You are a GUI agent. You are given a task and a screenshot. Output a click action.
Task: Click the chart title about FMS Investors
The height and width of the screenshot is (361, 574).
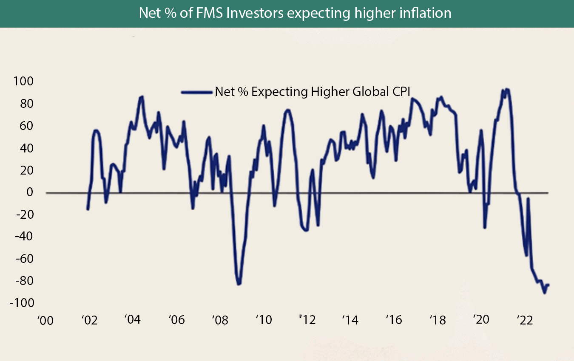click(295, 14)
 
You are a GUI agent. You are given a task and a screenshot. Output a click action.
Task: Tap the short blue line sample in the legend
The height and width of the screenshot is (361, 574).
click(197, 92)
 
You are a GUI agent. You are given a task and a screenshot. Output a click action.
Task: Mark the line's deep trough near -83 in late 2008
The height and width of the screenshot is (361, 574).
click(239, 284)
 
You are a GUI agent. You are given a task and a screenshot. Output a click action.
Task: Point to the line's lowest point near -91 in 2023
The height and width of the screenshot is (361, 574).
click(544, 293)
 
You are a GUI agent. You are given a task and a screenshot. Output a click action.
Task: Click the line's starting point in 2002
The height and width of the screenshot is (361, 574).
click(88, 209)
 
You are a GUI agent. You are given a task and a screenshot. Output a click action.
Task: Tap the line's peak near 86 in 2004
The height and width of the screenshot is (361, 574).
click(142, 97)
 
